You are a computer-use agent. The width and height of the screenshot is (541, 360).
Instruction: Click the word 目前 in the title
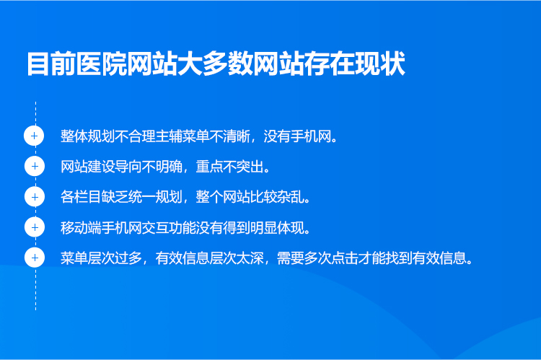[52, 64]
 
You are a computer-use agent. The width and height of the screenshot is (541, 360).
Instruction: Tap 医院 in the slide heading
[102, 64]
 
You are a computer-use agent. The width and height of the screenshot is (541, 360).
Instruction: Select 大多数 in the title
[216, 64]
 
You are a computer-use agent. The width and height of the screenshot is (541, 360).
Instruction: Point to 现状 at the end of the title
[380, 64]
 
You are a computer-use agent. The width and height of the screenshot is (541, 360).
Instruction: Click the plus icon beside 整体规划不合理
[34, 136]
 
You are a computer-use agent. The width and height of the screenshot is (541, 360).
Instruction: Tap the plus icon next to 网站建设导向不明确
[35, 166]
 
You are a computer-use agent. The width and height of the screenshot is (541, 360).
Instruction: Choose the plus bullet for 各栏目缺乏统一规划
[35, 197]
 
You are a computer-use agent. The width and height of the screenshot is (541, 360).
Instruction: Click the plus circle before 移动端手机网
[35, 227]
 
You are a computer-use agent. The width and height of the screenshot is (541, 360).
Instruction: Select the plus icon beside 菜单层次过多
[35, 258]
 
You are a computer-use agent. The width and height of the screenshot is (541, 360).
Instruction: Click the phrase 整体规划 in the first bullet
[87, 136]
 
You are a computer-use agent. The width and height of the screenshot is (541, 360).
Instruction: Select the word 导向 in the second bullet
[128, 167]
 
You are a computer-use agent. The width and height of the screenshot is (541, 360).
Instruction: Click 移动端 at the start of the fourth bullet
[81, 227]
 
